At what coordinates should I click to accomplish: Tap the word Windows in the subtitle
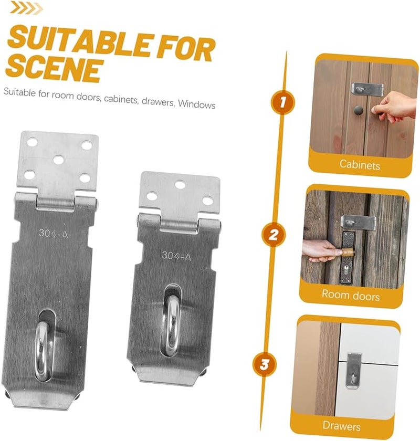(x=196, y=104)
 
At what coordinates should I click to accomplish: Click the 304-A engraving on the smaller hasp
(x=176, y=256)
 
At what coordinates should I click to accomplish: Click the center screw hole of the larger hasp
(x=58, y=159)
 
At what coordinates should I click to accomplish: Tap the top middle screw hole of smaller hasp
(x=180, y=185)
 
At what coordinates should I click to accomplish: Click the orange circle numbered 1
(x=281, y=102)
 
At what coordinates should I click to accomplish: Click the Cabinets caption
(x=360, y=164)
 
